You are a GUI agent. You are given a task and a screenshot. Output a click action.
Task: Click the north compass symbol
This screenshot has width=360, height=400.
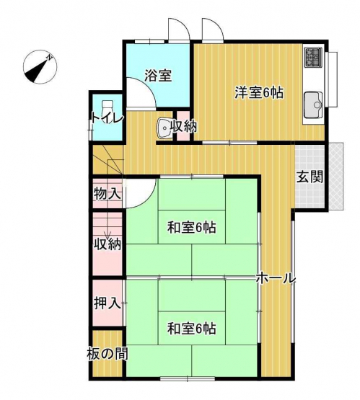click(x=40, y=67)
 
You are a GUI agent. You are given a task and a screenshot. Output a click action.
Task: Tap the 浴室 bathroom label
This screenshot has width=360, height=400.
click(x=158, y=76)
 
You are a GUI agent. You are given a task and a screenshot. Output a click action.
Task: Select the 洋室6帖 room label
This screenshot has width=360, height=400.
click(x=259, y=93)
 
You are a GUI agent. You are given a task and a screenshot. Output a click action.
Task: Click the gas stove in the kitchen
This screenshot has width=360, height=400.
click(x=313, y=58)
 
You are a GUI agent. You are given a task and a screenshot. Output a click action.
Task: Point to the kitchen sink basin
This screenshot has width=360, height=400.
click(x=314, y=105)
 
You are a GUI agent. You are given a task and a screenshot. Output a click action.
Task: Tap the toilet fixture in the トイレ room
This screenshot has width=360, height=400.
click(x=107, y=112)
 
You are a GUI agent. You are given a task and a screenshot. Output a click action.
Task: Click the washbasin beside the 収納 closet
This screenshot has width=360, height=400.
click(x=164, y=128)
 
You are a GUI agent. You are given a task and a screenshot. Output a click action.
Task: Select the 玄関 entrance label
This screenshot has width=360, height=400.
click(x=309, y=177)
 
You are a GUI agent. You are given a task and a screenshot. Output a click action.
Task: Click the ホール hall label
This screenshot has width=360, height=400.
click(x=276, y=278)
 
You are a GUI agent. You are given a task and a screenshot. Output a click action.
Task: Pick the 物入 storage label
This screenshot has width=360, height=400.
click(x=107, y=195)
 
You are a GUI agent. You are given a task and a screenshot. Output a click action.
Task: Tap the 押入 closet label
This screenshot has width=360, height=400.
click(x=107, y=303)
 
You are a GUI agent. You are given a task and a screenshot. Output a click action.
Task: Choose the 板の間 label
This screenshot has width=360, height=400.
click(x=107, y=354)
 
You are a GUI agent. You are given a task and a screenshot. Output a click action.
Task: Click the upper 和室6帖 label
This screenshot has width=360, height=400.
click(x=192, y=227)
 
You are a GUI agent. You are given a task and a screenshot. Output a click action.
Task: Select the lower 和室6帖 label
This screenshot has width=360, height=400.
click(x=192, y=329)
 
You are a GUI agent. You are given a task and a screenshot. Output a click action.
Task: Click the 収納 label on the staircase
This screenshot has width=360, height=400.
click(x=107, y=245)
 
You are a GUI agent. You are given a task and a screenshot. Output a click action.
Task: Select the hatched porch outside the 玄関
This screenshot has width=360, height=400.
click(x=335, y=177)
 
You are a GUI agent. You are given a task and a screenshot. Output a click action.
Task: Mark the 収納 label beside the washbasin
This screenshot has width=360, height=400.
click(x=183, y=126)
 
